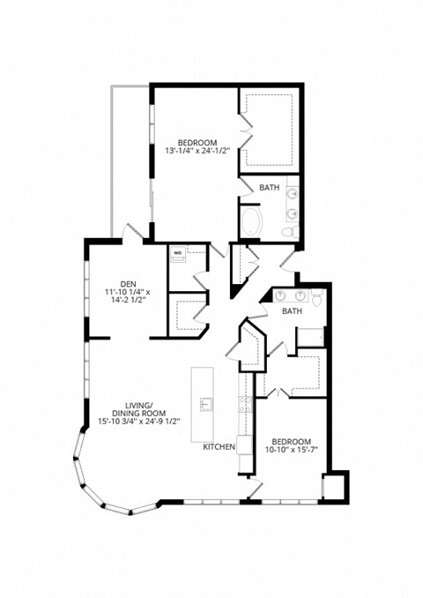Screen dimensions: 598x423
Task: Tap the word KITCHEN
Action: pos(219,447)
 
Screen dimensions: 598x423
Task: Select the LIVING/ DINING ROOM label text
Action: pos(143,407)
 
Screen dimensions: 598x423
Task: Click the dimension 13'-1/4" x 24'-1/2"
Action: pos(197,151)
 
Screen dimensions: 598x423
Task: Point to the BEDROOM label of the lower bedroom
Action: pos(289,441)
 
